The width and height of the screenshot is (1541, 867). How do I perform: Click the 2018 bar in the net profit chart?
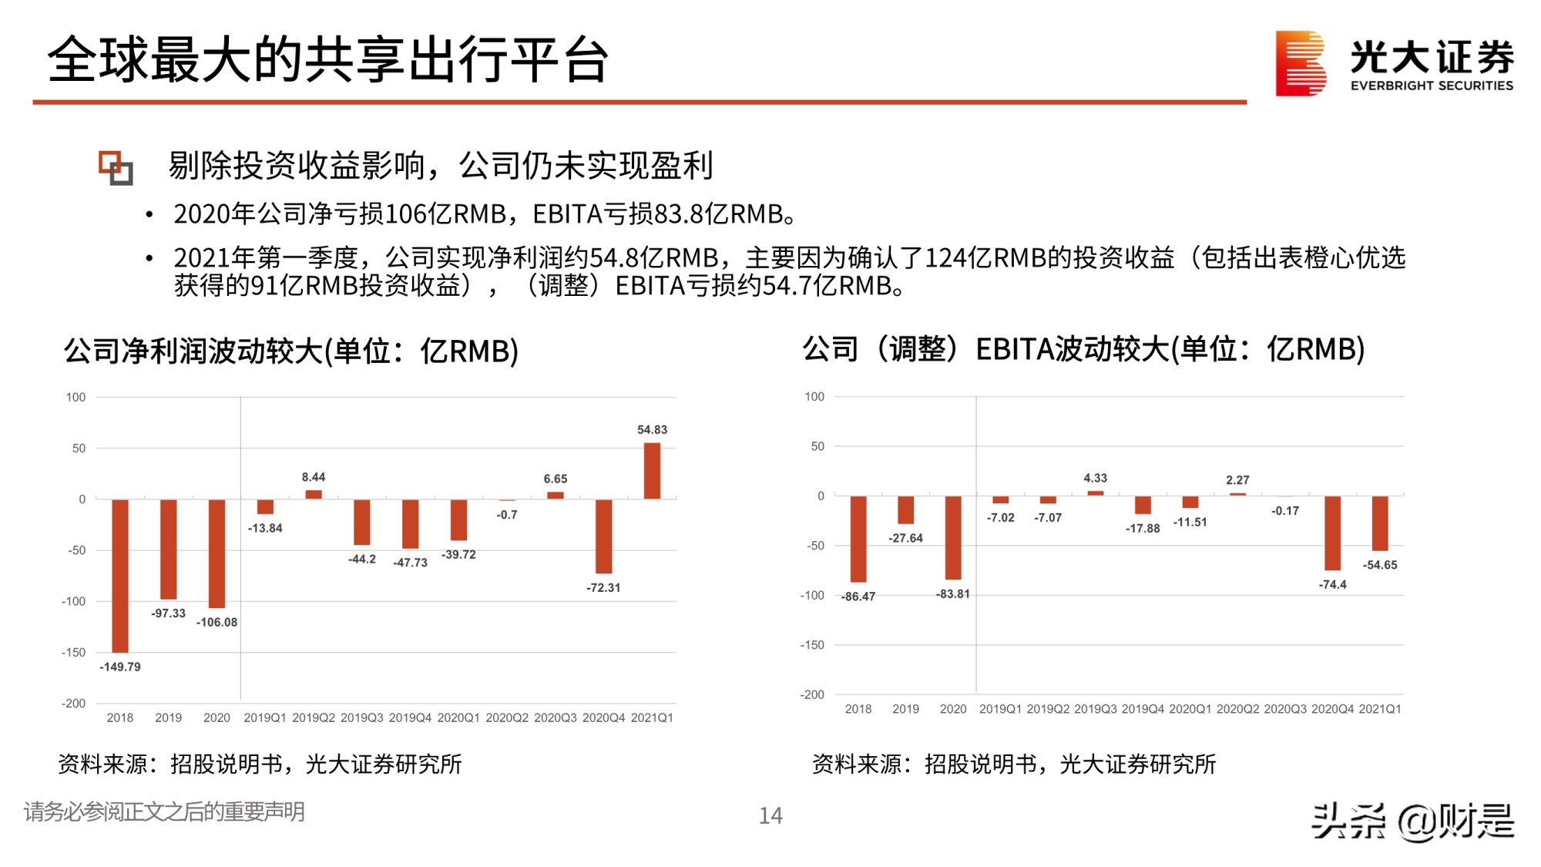[x=120, y=575]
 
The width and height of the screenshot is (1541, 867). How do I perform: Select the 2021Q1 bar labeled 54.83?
[x=652, y=471]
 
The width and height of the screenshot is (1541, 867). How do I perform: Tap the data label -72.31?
[x=603, y=587]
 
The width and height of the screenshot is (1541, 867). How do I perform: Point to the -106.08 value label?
[x=217, y=622]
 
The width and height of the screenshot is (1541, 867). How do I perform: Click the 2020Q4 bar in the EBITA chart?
[x=1332, y=533]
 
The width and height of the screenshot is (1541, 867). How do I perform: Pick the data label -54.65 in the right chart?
[x=1379, y=565]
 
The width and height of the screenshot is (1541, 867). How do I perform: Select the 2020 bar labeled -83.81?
[x=953, y=537]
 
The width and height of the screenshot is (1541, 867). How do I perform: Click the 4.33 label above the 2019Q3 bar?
[x=1095, y=478]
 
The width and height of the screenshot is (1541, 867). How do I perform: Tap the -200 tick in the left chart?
[x=74, y=703]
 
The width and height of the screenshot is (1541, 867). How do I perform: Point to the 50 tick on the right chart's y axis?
[x=817, y=446]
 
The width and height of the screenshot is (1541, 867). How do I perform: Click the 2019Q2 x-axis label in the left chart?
[x=314, y=717]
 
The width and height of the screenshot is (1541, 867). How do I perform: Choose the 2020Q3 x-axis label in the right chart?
[x=1285, y=709]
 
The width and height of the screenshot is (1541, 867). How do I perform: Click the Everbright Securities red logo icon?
[x=1300, y=63]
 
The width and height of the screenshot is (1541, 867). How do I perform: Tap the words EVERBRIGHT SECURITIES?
[x=1432, y=86]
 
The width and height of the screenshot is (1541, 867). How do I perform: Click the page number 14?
[x=770, y=815]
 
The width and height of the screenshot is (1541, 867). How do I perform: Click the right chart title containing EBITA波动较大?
[x=1083, y=349]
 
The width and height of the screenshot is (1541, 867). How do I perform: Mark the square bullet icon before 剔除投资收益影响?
[x=116, y=167]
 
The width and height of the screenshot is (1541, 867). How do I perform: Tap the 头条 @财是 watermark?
[x=1413, y=821]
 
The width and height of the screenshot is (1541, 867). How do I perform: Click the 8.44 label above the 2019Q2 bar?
[x=314, y=477]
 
